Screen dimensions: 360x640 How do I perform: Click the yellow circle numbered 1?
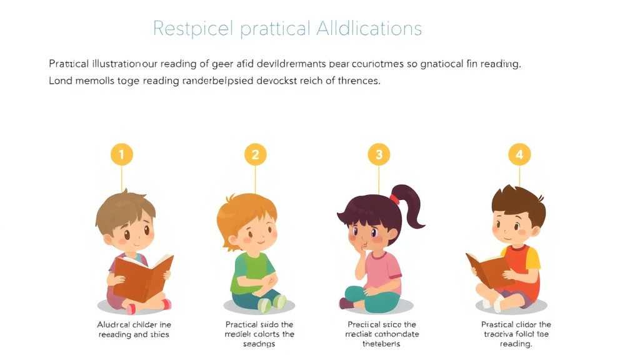pos(122,154)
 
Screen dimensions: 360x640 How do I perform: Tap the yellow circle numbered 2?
pos(255,154)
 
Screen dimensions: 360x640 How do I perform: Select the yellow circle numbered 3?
pos(379,154)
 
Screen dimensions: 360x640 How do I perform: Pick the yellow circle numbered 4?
pos(519,154)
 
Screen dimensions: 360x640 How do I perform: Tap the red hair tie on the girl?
pos(394,199)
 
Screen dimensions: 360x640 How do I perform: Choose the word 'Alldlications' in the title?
pos(369,28)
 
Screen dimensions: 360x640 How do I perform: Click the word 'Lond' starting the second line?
pos(61,81)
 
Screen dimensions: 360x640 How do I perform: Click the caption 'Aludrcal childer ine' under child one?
pos(134,324)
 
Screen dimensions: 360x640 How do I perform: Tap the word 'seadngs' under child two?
pos(259,344)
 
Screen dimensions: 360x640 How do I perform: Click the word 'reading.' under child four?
pos(516,344)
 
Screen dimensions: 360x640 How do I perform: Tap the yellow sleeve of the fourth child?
pos(533,256)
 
